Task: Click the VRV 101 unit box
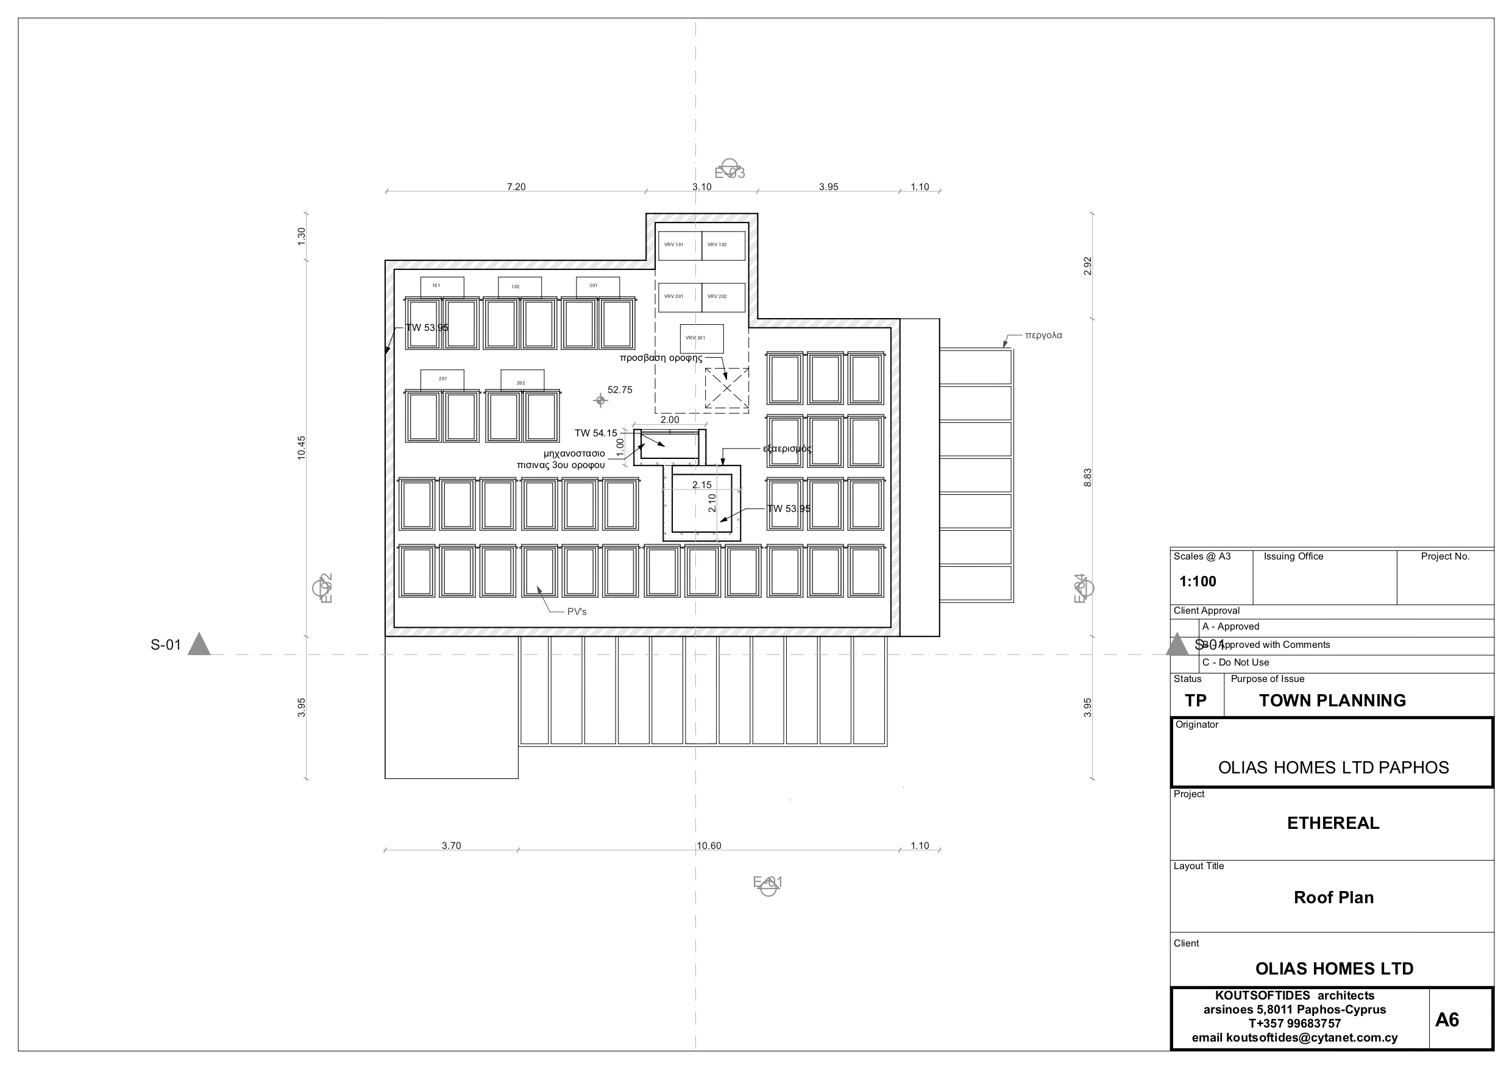click(x=680, y=246)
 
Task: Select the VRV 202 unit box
click(x=723, y=297)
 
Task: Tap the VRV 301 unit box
click(x=701, y=338)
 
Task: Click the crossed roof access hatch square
click(x=726, y=388)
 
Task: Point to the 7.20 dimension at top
click(x=516, y=187)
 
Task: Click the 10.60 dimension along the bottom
click(x=709, y=846)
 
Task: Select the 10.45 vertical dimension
click(x=302, y=447)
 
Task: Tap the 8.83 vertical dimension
click(x=1087, y=478)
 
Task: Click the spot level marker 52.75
click(x=600, y=400)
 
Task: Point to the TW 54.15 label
click(x=596, y=433)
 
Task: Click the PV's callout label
click(x=577, y=612)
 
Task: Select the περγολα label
click(x=1043, y=335)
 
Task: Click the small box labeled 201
click(x=442, y=379)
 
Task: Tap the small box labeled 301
click(x=597, y=286)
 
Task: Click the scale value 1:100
click(x=1197, y=581)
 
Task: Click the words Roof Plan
click(x=1333, y=898)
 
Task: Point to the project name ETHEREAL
click(x=1333, y=823)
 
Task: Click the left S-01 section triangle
click(x=199, y=645)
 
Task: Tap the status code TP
click(x=1196, y=701)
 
